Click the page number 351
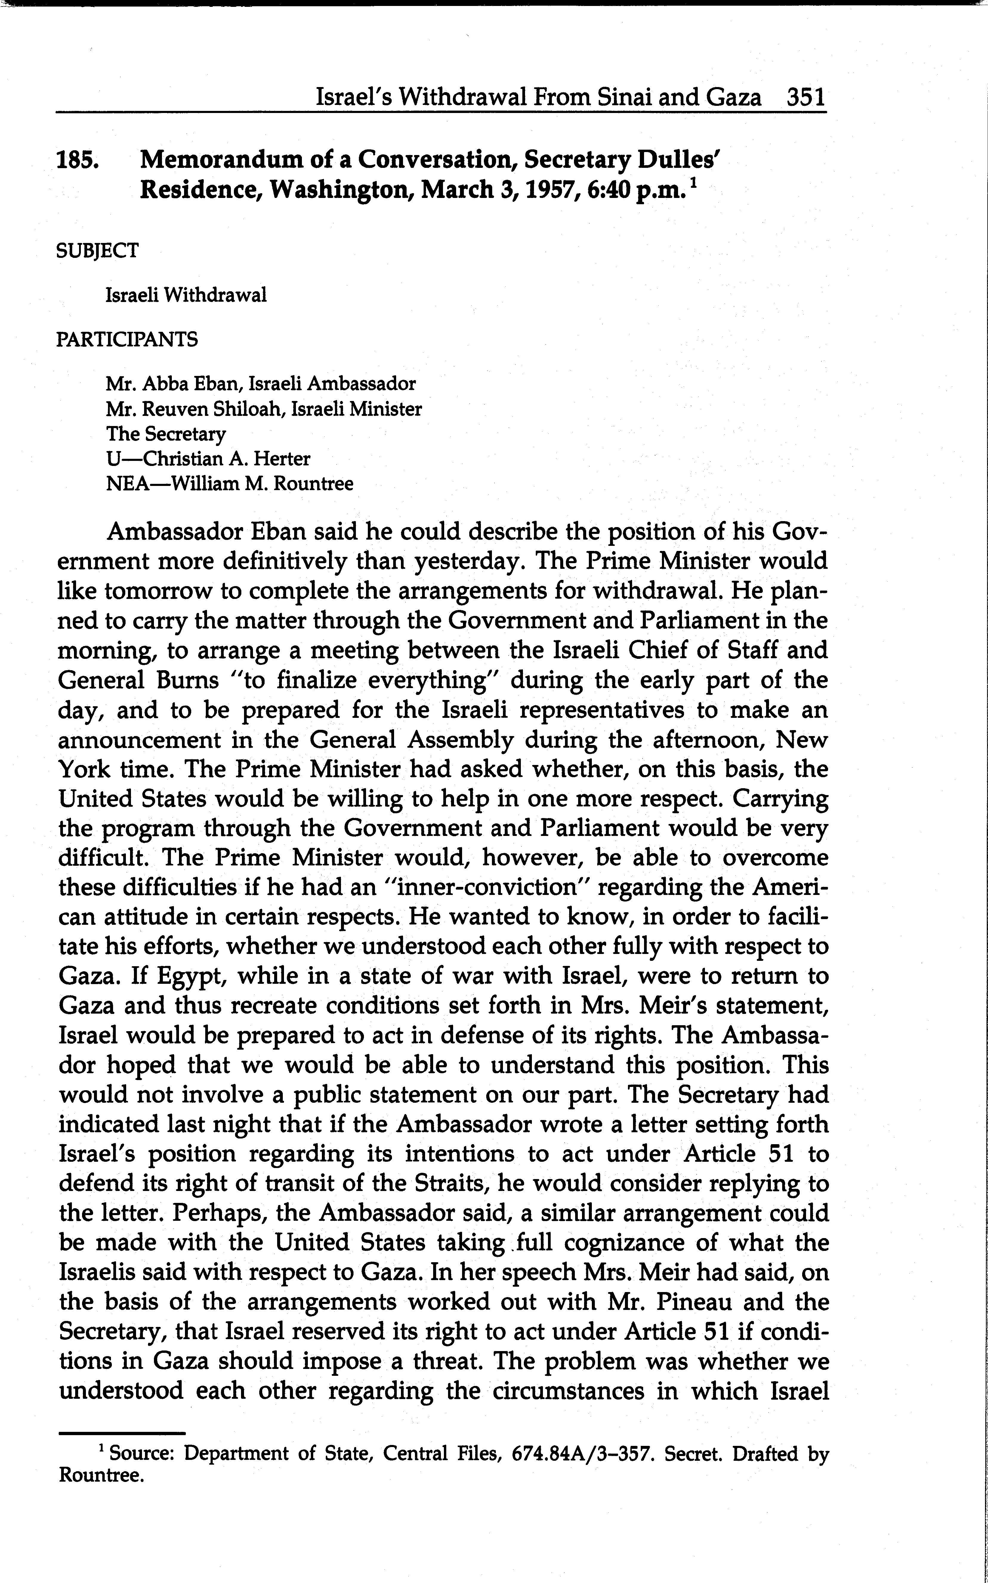click(806, 98)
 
